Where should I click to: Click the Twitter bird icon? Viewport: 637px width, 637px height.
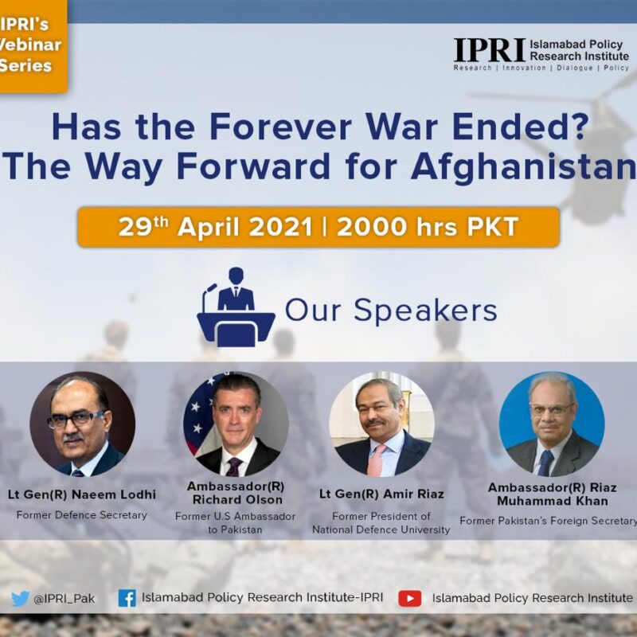(20, 599)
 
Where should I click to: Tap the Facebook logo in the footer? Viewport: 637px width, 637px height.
(127, 599)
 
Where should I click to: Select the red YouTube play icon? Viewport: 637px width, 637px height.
(409, 599)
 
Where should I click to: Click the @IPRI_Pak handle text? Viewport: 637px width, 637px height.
(64, 600)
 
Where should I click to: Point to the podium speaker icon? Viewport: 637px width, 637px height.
(236, 307)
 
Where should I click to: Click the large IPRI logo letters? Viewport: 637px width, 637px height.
(490, 50)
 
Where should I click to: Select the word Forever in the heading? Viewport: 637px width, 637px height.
(280, 127)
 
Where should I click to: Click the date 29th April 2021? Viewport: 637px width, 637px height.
(215, 227)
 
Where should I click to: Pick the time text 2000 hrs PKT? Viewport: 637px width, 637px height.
(428, 227)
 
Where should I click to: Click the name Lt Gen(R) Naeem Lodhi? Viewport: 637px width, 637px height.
(82, 494)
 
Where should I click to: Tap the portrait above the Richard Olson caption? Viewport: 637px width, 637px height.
(236, 424)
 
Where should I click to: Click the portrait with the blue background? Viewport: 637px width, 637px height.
(552, 424)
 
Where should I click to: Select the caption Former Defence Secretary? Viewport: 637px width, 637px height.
(82, 515)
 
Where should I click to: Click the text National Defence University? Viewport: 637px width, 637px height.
(381, 530)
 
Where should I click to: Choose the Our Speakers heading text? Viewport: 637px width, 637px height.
(391, 311)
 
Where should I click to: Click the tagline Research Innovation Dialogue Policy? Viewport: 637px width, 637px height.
(541, 68)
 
